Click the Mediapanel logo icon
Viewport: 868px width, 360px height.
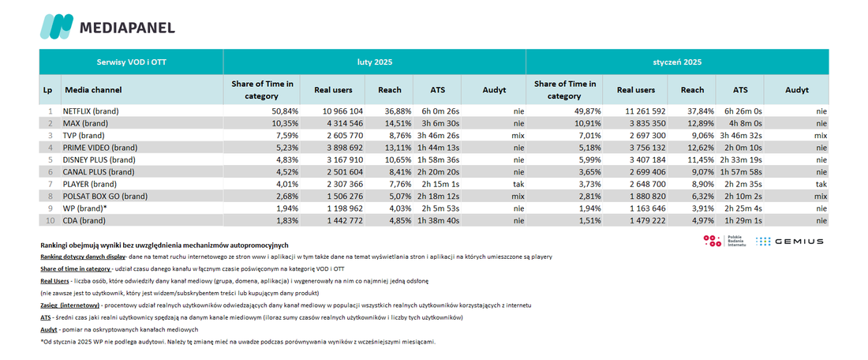(x=57, y=27)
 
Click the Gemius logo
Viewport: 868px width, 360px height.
(x=789, y=242)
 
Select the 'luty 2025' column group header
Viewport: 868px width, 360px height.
(x=374, y=62)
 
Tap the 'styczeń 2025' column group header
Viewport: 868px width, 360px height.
(x=676, y=62)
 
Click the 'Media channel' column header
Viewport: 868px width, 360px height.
(x=93, y=90)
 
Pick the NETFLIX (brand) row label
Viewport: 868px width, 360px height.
(x=91, y=111)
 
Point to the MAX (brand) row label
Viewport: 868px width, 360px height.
(x=85, y=123)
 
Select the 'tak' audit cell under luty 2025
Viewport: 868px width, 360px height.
(x=517, y=184)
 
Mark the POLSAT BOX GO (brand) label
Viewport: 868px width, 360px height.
(x=101, y=196)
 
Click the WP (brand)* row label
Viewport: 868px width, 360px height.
(x=84, y=208)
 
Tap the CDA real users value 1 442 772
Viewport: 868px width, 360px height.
(x=342, y=220)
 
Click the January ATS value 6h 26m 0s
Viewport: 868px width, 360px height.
(x=739, y=111)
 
